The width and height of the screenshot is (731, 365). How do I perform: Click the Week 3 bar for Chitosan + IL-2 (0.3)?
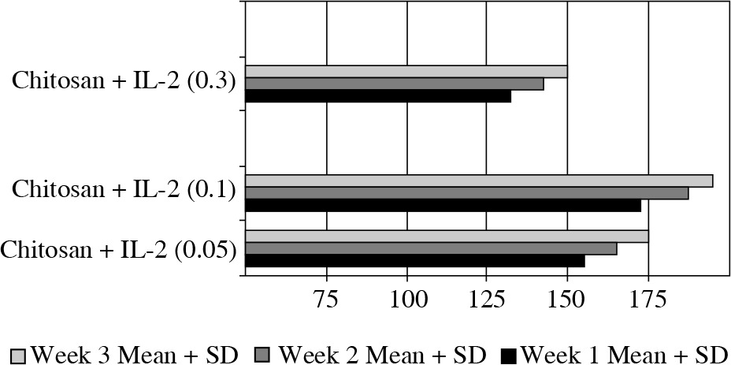click(406, 72)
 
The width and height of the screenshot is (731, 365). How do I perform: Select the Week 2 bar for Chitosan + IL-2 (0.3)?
click(394, 84)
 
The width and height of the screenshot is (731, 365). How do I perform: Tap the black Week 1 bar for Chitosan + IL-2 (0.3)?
click(378, 96)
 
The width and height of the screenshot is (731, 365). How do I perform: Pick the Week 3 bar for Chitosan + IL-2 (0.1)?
click(479, 181)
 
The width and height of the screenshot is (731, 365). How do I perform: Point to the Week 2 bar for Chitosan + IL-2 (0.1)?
click(466, 193)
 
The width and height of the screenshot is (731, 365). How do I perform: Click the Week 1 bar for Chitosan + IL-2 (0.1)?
click(443, 206)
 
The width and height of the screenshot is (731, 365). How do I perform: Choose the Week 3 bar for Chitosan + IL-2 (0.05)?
click(447, 237)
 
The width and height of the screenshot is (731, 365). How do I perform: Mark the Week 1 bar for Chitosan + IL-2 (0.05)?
click(415, 261)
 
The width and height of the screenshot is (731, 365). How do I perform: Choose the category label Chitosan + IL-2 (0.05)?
click(119, 250)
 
